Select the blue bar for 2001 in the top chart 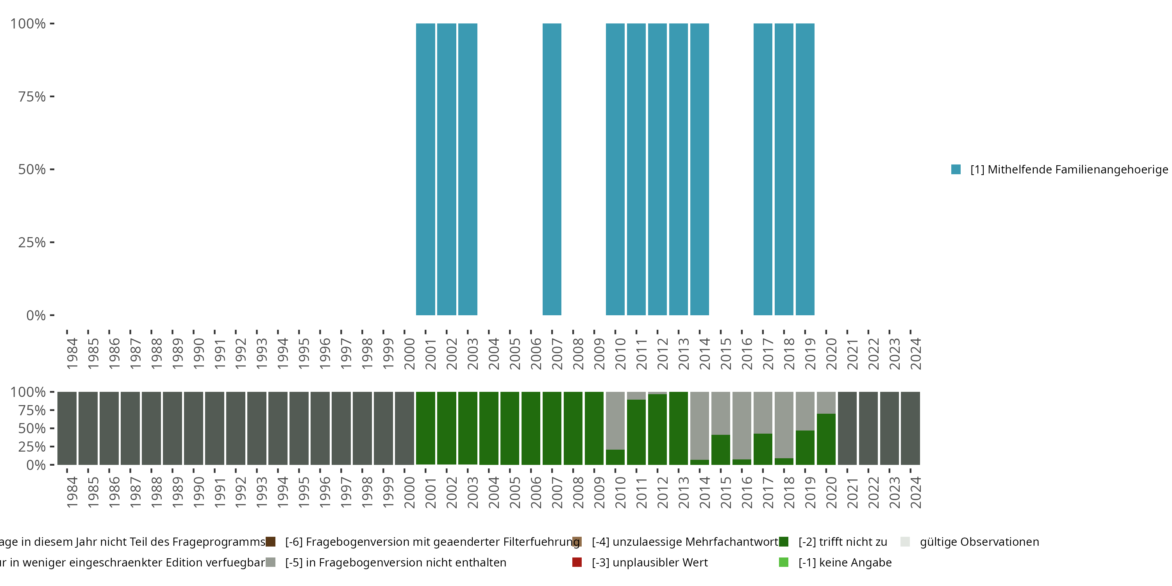425,169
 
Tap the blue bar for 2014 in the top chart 699,169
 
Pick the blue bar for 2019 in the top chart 805,169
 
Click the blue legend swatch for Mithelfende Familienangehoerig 956,169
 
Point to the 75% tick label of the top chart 32,96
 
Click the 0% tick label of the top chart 36,315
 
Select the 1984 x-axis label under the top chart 72,354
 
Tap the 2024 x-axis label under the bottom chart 915,492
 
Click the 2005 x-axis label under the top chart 514,354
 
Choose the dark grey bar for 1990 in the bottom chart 193,428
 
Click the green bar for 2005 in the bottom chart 509,428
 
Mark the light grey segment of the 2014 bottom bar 699,425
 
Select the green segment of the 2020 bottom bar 826,439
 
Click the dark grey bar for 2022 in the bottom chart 868,428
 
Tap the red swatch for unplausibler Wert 577,562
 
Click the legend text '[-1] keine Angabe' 845,562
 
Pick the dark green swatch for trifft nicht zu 783,541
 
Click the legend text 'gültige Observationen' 979,541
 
